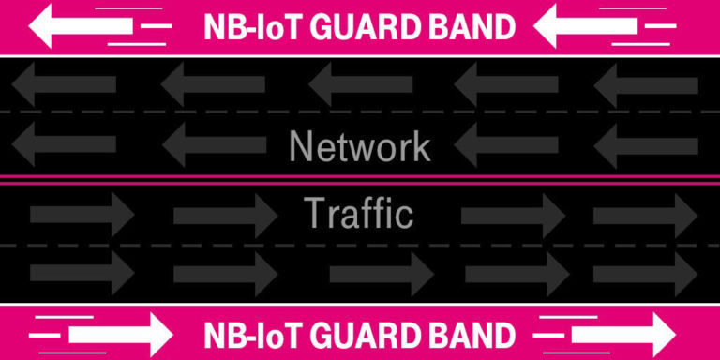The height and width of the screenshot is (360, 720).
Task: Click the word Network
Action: tap(360, 147)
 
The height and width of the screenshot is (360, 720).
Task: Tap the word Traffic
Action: tap(359, 214)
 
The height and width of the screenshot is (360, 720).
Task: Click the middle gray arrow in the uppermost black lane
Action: tap(360, 84)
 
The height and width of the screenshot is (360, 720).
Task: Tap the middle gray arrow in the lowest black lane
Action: tap(381, 274)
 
